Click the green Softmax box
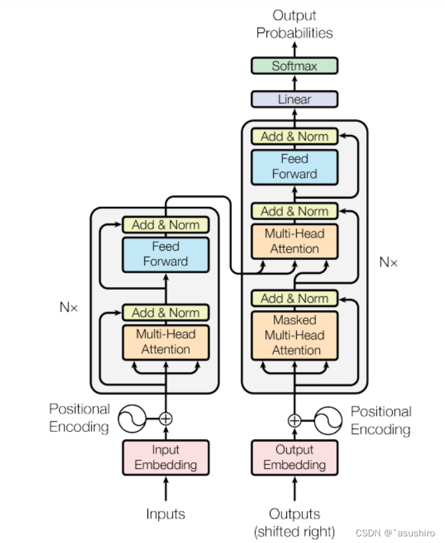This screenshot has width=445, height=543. (x=294, y=65)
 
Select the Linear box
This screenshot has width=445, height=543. (x=294, y=99)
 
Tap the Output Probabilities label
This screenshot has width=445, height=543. (x=294, y=24)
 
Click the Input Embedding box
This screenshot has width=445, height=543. (x=165, y=457)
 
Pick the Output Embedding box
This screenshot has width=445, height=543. (x=294, y=457)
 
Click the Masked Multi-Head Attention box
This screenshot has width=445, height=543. (x=294, y=335)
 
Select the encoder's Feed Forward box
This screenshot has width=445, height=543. (x=165, y=254)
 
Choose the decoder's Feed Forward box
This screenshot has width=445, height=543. (x=294, y=166)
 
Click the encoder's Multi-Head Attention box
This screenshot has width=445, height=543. (x=165, y=341)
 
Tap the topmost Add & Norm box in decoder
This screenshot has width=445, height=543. (x=294, y=136)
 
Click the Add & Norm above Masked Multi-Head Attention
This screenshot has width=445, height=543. (x=294, y=298)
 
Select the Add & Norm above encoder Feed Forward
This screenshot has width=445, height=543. (x=165, y=225)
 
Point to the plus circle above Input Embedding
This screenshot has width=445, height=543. (x=165, y=418)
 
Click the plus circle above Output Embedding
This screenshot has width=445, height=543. (x=294, y=420)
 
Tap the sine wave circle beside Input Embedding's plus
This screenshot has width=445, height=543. (x=132, y=418)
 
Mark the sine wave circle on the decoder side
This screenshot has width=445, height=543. (x=328, y=420)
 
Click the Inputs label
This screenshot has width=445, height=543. (x=165, y=514)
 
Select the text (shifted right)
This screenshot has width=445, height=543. (x=294, y=530)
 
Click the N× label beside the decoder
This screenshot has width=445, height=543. (x=388, y=262)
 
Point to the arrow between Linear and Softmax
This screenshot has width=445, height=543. (x=294, y=83)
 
